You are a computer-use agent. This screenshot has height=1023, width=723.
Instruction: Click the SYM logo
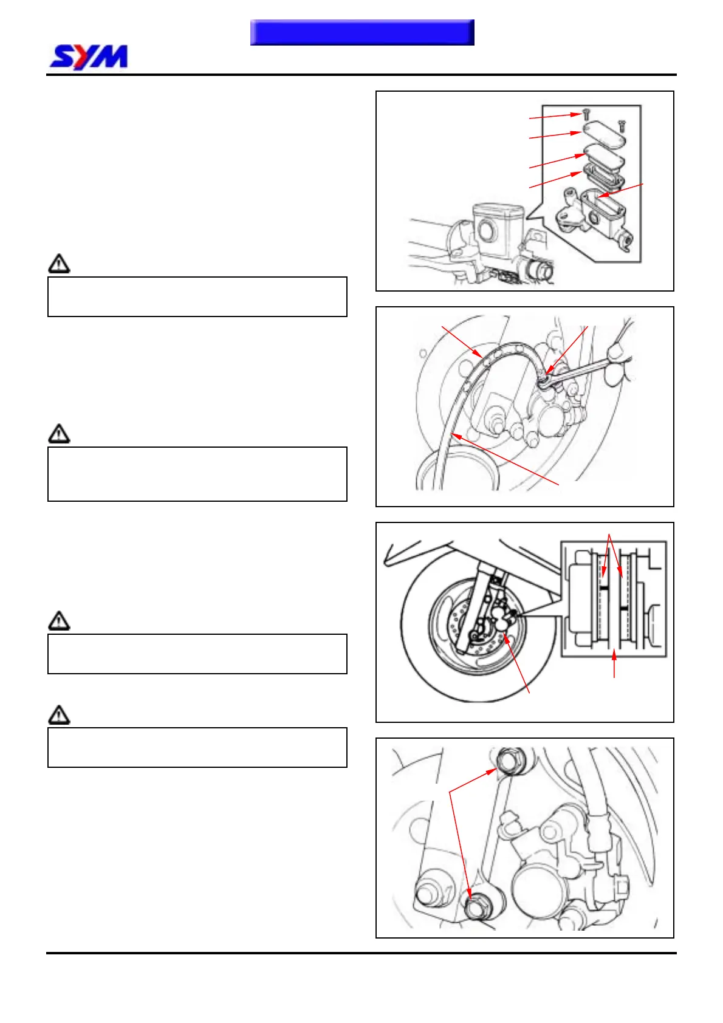tap(89, 57)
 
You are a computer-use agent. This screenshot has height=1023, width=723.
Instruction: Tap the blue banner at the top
tap(362, 32)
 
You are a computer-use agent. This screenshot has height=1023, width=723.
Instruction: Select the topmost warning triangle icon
tap(59, 264)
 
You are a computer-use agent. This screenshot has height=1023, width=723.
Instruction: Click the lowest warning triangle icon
tap(59, 715)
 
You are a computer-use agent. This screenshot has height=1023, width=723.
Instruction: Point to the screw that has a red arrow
tap(586, 114)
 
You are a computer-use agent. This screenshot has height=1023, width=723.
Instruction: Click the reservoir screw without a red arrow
tap(621, 126)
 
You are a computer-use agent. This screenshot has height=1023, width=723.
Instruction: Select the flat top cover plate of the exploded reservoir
tap(604, 135)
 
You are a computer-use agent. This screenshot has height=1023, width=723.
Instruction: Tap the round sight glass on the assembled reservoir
tap(486, 230)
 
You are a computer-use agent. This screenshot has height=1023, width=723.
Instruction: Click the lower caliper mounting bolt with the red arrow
tap(476, 908)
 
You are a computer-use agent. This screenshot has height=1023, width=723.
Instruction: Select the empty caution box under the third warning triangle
tap(197, 654)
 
